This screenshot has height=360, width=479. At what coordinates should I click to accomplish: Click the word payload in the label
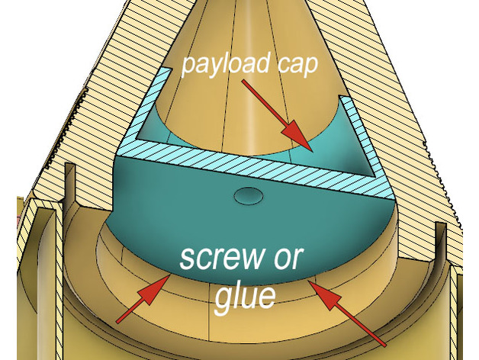pyautogui.click(x=226, y=65)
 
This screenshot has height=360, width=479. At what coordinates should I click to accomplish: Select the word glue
pyautogui.click(x=245, y=297)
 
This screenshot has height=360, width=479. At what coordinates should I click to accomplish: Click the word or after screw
pyautogui.click(x=288, y=259)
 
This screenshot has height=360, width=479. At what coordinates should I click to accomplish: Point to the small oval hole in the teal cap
pyautogui.click(x=249, y=195)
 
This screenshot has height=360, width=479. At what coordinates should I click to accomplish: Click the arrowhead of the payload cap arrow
pyautogui.click(x=297, y=136)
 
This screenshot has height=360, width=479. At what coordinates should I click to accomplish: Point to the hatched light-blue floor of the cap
pyautogui.click(x=253, y=170)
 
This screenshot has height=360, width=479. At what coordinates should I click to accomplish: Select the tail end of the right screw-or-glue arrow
pyautogui.click(x=384, y=346)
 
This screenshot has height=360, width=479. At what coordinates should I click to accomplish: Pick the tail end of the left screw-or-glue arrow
pyautogui.click(x=118, y=321)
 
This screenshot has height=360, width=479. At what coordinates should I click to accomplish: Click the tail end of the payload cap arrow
pyautogui.click(x=243, y=82)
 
